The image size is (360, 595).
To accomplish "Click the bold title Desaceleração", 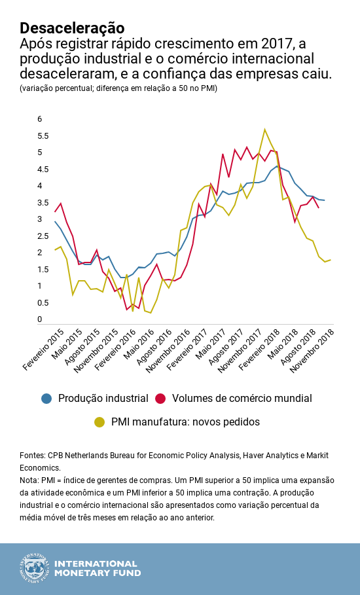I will coord(72,27).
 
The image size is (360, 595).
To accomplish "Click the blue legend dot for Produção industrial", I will coord(46,398).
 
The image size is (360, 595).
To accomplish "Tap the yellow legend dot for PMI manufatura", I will coord(99,422).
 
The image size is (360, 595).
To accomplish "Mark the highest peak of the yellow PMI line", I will coord(264,129).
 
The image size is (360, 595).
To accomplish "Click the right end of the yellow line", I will coord(331,260).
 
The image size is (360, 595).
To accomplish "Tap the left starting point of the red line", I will coord(55,211).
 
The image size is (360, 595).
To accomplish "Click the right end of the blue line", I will coord(325,200).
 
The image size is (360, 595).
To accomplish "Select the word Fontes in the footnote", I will coord(32,455).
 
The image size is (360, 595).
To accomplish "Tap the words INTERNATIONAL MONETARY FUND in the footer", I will coord(96,568).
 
